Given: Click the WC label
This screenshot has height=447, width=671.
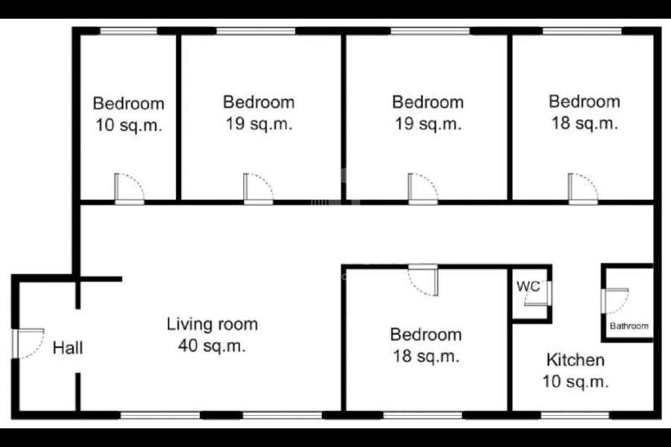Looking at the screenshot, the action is [x=528, y=286].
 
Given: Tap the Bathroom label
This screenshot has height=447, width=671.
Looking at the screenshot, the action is [x=629, y=326].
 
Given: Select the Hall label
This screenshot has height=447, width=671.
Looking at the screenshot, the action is [x=68, y=348].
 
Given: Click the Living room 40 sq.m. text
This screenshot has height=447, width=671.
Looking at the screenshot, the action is [x=212, y=335].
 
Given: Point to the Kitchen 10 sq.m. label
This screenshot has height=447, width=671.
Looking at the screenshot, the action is [x=576, y=370].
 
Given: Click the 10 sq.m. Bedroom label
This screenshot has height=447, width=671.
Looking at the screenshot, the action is [x=128, y=115].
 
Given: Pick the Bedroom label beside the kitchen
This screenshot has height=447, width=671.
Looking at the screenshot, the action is [x=426, y=345].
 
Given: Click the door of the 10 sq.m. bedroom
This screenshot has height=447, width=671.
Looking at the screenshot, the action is [x=129, y=188].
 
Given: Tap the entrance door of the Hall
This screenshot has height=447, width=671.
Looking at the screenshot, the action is [x=28, y=343].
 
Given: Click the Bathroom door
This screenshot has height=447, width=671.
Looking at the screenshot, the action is [x=615, y=301].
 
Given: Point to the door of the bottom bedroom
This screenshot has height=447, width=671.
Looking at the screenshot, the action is [x=423, y=280].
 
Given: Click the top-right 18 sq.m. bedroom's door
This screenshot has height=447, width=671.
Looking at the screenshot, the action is [x=583, y=188].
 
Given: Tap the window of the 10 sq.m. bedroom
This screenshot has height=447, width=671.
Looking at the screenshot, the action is [x=128, y=31].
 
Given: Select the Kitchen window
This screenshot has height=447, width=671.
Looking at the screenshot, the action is [x=575, y=415].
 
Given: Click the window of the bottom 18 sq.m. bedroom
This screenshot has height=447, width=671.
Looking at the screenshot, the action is [x=423, y=415].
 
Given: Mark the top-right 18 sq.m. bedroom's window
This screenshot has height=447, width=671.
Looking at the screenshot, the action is [x=582, y=31].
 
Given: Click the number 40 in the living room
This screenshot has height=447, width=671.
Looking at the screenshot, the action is [x=187, y=345].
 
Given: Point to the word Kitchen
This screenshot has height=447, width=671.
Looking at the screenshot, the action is [x=576, y=360].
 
